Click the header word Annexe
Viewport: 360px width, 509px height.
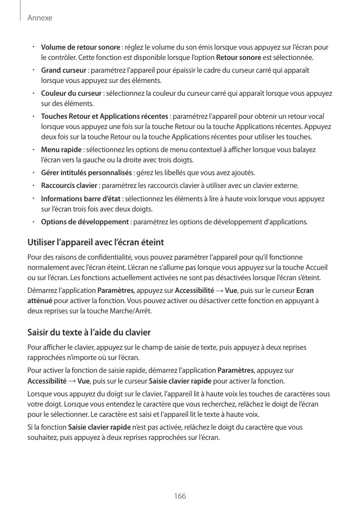click(x=40, y=18)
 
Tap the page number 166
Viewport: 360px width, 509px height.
click(x=180, y=496)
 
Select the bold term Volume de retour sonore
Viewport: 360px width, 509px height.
click(x=80, y=48)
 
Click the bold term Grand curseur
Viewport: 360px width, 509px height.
click(x=63, y=70)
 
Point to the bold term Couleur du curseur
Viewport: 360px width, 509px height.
click(x=71, y=93)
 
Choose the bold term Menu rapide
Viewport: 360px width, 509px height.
click(x=61, y=150)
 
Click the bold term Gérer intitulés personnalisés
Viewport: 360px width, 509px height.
click(x=87, y=172)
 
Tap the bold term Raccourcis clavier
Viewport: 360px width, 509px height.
click(x=69, y=185)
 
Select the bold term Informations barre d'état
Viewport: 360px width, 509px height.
click(x=81, y=198)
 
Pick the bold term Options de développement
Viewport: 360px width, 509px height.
click(x=84, y=222)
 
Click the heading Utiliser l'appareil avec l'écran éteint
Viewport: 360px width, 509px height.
click(x=95, y=242)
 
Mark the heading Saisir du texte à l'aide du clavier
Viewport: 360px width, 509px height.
click(x=89, y=332)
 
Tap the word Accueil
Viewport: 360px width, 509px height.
click(x=316, y=268)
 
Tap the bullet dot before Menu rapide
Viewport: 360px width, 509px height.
click(x=32, y=149)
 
